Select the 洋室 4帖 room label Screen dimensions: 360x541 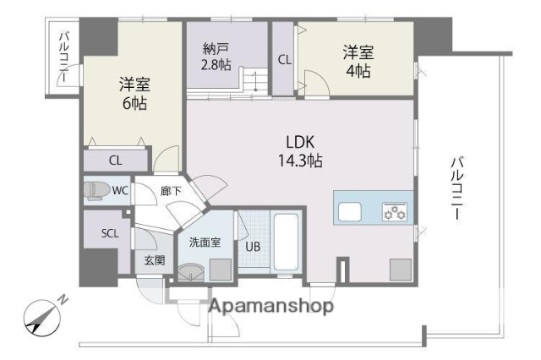(356, 61)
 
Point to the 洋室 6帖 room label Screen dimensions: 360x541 (134, 94)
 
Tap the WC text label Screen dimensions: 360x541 (120, 191)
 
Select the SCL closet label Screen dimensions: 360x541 (110, 232)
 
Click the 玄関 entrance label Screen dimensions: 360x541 (153, 260)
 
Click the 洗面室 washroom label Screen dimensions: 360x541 (204, 243)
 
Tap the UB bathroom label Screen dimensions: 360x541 (253, 248)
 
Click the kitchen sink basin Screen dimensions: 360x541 (352, 210)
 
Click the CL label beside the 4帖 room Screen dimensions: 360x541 (285, 59)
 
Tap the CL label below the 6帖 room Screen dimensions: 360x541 (116, 159)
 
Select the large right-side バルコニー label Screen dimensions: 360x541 (457, 188)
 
